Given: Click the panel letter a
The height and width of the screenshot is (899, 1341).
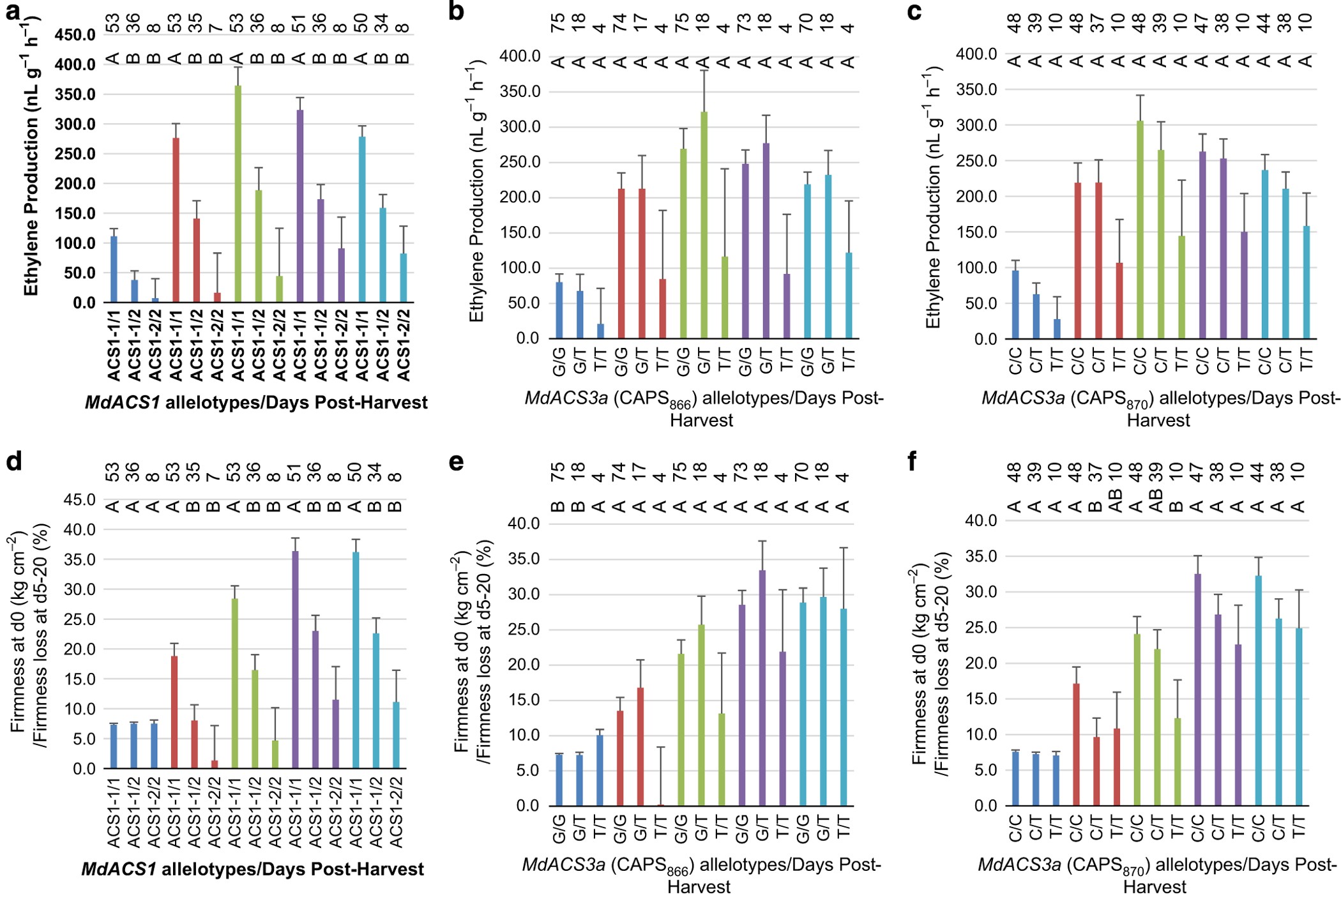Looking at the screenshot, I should click(13, 11).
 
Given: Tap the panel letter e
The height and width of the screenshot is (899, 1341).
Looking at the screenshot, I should click(456, 462).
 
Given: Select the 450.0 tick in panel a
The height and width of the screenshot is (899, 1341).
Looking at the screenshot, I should click(75, 34).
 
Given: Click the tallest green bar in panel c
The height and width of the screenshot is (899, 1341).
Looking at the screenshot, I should click(1140, 230).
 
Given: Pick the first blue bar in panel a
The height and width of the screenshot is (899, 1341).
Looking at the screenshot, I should click(114, 269).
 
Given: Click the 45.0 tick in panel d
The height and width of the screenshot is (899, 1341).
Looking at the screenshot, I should click(79, 499).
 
